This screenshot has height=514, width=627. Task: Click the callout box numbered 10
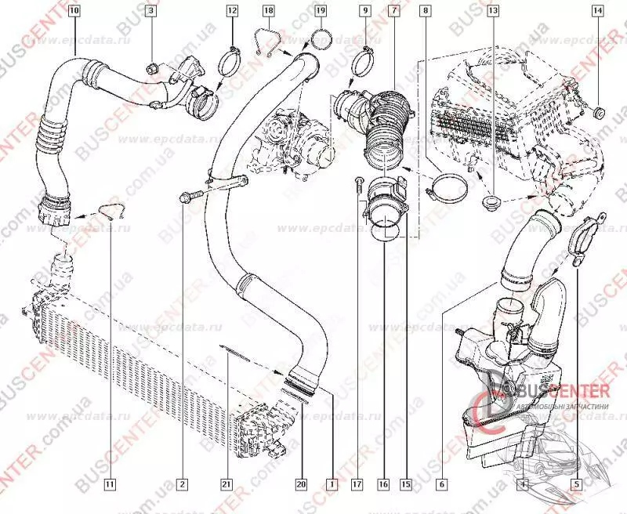coord(73,11)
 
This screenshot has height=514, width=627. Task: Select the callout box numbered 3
coord(151,11)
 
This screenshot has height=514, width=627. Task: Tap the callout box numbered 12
coord(232,11)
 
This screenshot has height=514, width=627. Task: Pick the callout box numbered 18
coord(268,11)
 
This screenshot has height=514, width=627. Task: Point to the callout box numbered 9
coord(364,11)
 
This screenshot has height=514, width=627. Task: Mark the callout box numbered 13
coord(492,11)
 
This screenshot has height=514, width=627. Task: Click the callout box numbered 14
coord(598,11)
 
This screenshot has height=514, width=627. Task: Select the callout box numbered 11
coord(110,484)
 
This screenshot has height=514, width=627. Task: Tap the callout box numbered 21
coord(224,484)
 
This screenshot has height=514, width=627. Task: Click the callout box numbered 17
coord(357,484)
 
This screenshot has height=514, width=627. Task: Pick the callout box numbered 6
coord(442,484)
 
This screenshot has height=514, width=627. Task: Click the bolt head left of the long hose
coord(185,196)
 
